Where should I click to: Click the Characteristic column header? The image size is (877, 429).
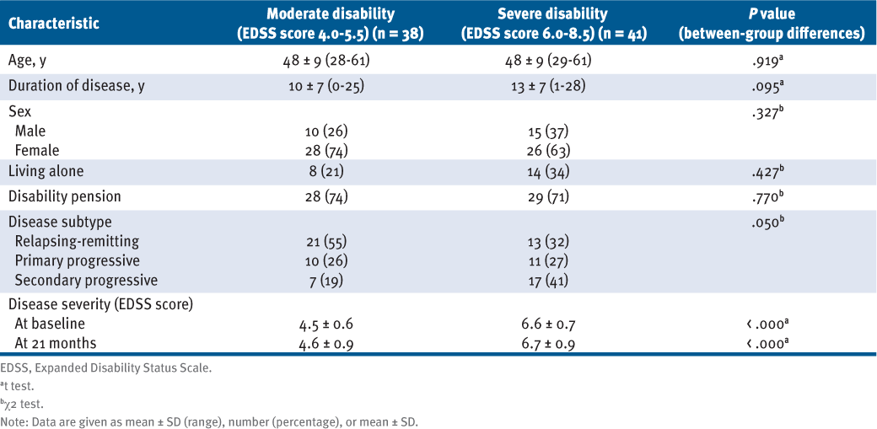(54, 24)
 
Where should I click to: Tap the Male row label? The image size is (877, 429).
(30, 131)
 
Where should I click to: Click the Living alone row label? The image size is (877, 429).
(49, 172)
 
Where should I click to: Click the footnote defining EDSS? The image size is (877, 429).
(95, 367)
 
